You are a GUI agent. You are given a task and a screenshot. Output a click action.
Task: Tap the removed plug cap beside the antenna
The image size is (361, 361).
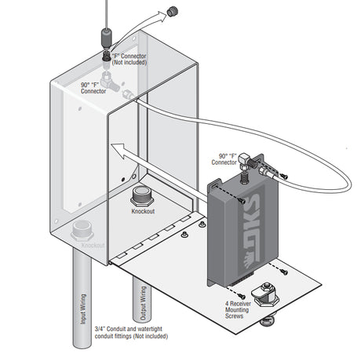pos(173,11)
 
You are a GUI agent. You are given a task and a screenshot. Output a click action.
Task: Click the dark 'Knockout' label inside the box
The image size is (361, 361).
pos(143,211)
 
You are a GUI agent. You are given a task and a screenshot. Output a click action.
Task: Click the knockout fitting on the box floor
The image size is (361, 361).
pos(141,196)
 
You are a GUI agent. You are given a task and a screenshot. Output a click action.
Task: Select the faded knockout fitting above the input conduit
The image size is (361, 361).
pos(82,231)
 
